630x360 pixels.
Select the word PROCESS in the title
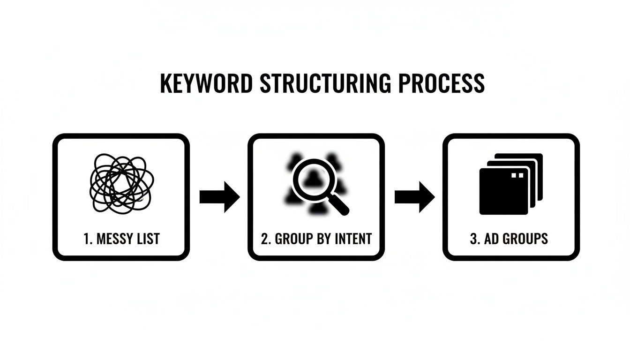pos(441,83)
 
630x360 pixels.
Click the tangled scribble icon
pos(121,183)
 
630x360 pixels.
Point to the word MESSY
pos(114,239)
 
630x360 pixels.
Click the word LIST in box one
pos(147,239)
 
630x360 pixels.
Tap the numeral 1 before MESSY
pos(86,239)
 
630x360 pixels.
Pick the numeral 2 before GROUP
pos(265,239)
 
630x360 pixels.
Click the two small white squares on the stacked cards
pos(517,175)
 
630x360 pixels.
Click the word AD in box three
pos(491,239)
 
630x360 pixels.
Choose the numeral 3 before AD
pos(473,239)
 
